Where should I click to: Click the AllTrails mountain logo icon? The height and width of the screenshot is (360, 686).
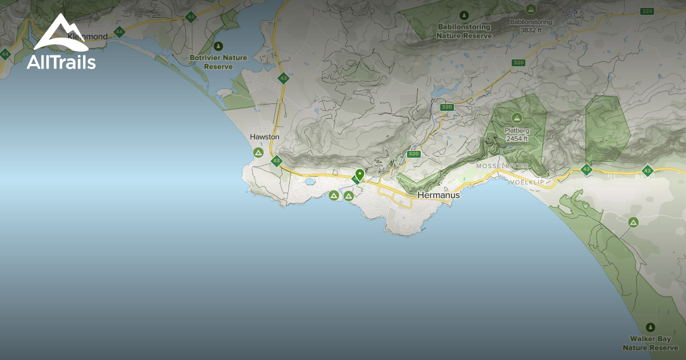click(x=61, y=33)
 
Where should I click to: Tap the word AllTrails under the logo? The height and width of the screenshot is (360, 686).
click(x=61, y=62)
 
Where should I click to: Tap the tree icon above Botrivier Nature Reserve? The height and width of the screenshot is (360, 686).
click(x=218, y=46)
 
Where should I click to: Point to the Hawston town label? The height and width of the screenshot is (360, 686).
click(x=265, y=137)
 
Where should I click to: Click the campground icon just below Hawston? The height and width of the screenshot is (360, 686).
click(x=258, y=153)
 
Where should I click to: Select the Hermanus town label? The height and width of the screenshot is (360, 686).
click(x=438, y=195)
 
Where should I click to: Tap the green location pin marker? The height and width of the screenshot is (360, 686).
click(x=360, y=175)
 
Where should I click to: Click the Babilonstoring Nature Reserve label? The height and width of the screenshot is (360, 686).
click(x=464, y=31)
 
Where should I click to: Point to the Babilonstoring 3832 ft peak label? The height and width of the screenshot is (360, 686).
click(x=531, y=26)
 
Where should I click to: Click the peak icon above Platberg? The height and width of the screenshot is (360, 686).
click(x=516, y=118)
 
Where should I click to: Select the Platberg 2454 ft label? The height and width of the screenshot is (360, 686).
click(x=516, y=134)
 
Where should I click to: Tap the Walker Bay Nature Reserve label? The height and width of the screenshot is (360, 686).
click(x=650, y=343)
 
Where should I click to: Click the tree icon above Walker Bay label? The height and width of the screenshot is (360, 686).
click(x=650, y=327)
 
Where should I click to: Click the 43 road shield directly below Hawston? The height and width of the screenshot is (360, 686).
click(x=277, y=161)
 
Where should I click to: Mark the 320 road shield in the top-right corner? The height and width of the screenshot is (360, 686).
click(x=647, y=11)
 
